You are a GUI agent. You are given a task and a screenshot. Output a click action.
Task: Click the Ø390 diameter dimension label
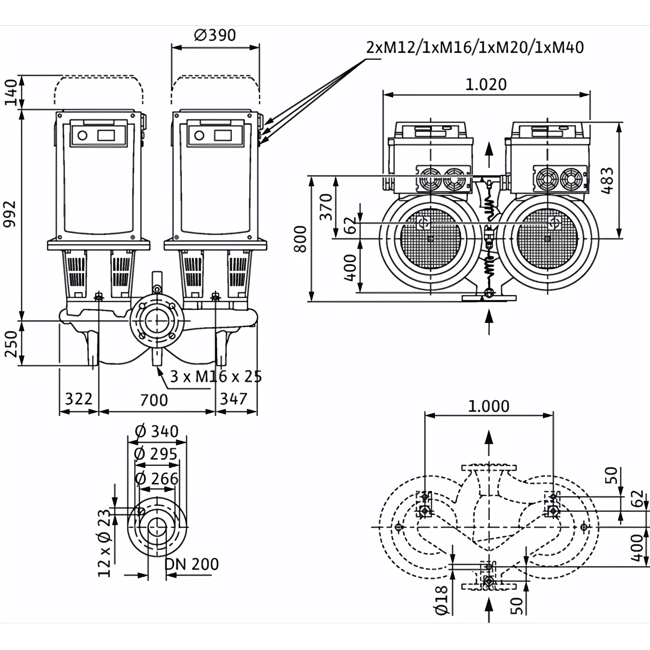[x=215, y=35]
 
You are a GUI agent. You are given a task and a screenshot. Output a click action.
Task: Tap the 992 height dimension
[x=10, y=214]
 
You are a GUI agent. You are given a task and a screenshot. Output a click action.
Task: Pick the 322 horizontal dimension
[x=78, y=399]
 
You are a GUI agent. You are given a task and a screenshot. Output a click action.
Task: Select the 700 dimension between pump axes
[x=154, y=400]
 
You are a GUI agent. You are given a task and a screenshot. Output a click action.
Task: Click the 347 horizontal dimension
[x=233, y=399]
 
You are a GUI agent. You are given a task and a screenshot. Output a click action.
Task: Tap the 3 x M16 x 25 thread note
[x=216, y=377]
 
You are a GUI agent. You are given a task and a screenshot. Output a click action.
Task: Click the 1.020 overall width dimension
[x=486, y=85]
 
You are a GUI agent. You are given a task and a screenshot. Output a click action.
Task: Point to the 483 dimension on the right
[x=607, y=181]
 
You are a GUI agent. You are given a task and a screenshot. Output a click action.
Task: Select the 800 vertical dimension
[x=300, y=239]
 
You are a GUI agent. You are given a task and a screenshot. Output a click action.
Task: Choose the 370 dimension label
[x=326, y=207]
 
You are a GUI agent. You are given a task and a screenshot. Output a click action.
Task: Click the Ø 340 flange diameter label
[x=156, y=432]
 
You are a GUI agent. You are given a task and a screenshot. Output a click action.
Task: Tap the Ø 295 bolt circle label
[x=155, y=454]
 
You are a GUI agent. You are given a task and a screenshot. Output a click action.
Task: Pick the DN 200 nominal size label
[x=192, y=564]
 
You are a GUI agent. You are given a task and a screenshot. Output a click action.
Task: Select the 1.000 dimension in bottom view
[x=488, y=407]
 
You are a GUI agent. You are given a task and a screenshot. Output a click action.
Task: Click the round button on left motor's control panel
[x=83, y=136]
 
